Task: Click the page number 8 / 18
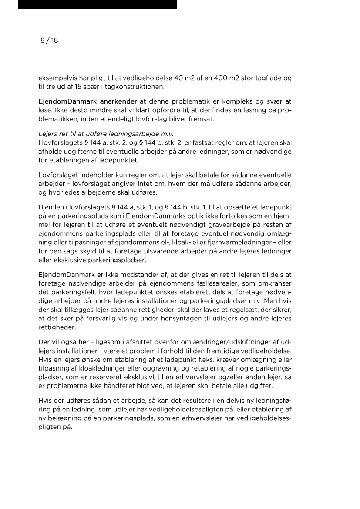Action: [x=49, y=40]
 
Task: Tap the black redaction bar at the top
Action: [x=98, y=4]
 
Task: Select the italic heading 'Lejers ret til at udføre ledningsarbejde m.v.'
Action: [x=106, y=134]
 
